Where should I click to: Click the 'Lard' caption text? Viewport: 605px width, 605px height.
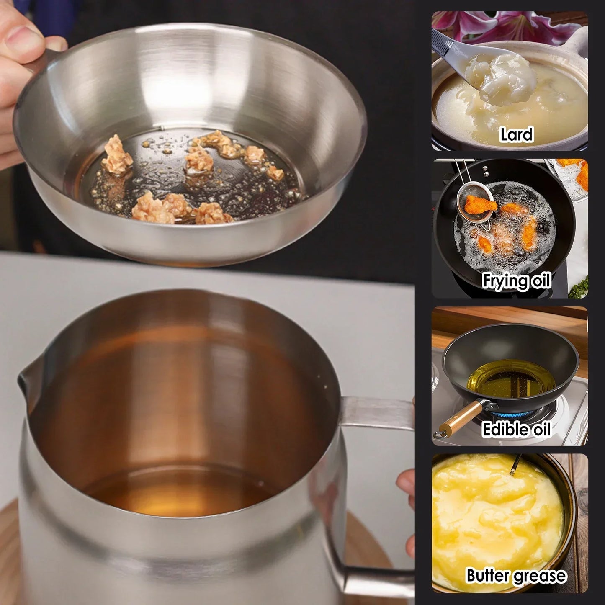516,135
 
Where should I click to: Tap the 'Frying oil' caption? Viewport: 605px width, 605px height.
516,281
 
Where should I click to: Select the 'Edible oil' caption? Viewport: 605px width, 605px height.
516,430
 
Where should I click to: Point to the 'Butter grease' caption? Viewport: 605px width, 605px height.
516,576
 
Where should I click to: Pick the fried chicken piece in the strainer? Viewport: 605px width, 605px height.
481,204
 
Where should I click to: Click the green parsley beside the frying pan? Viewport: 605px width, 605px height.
580,287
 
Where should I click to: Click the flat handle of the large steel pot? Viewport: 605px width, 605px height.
377,412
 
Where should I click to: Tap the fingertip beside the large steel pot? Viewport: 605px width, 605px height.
406,481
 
